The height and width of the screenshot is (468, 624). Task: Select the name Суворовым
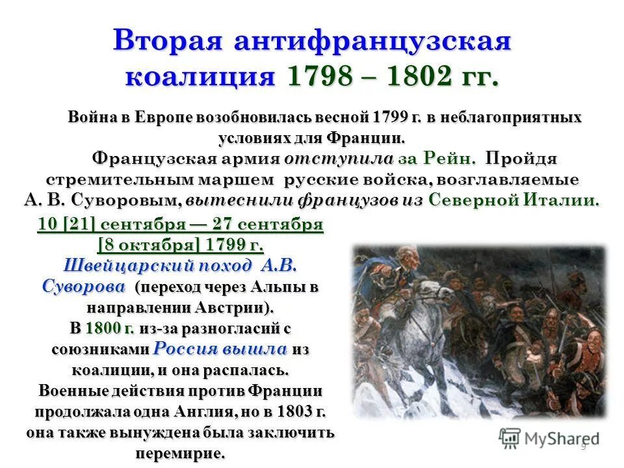[125, 200]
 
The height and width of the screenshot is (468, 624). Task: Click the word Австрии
[231, 306]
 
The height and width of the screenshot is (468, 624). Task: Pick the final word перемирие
[180, 453]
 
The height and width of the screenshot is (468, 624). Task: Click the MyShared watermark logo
[549, 437]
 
